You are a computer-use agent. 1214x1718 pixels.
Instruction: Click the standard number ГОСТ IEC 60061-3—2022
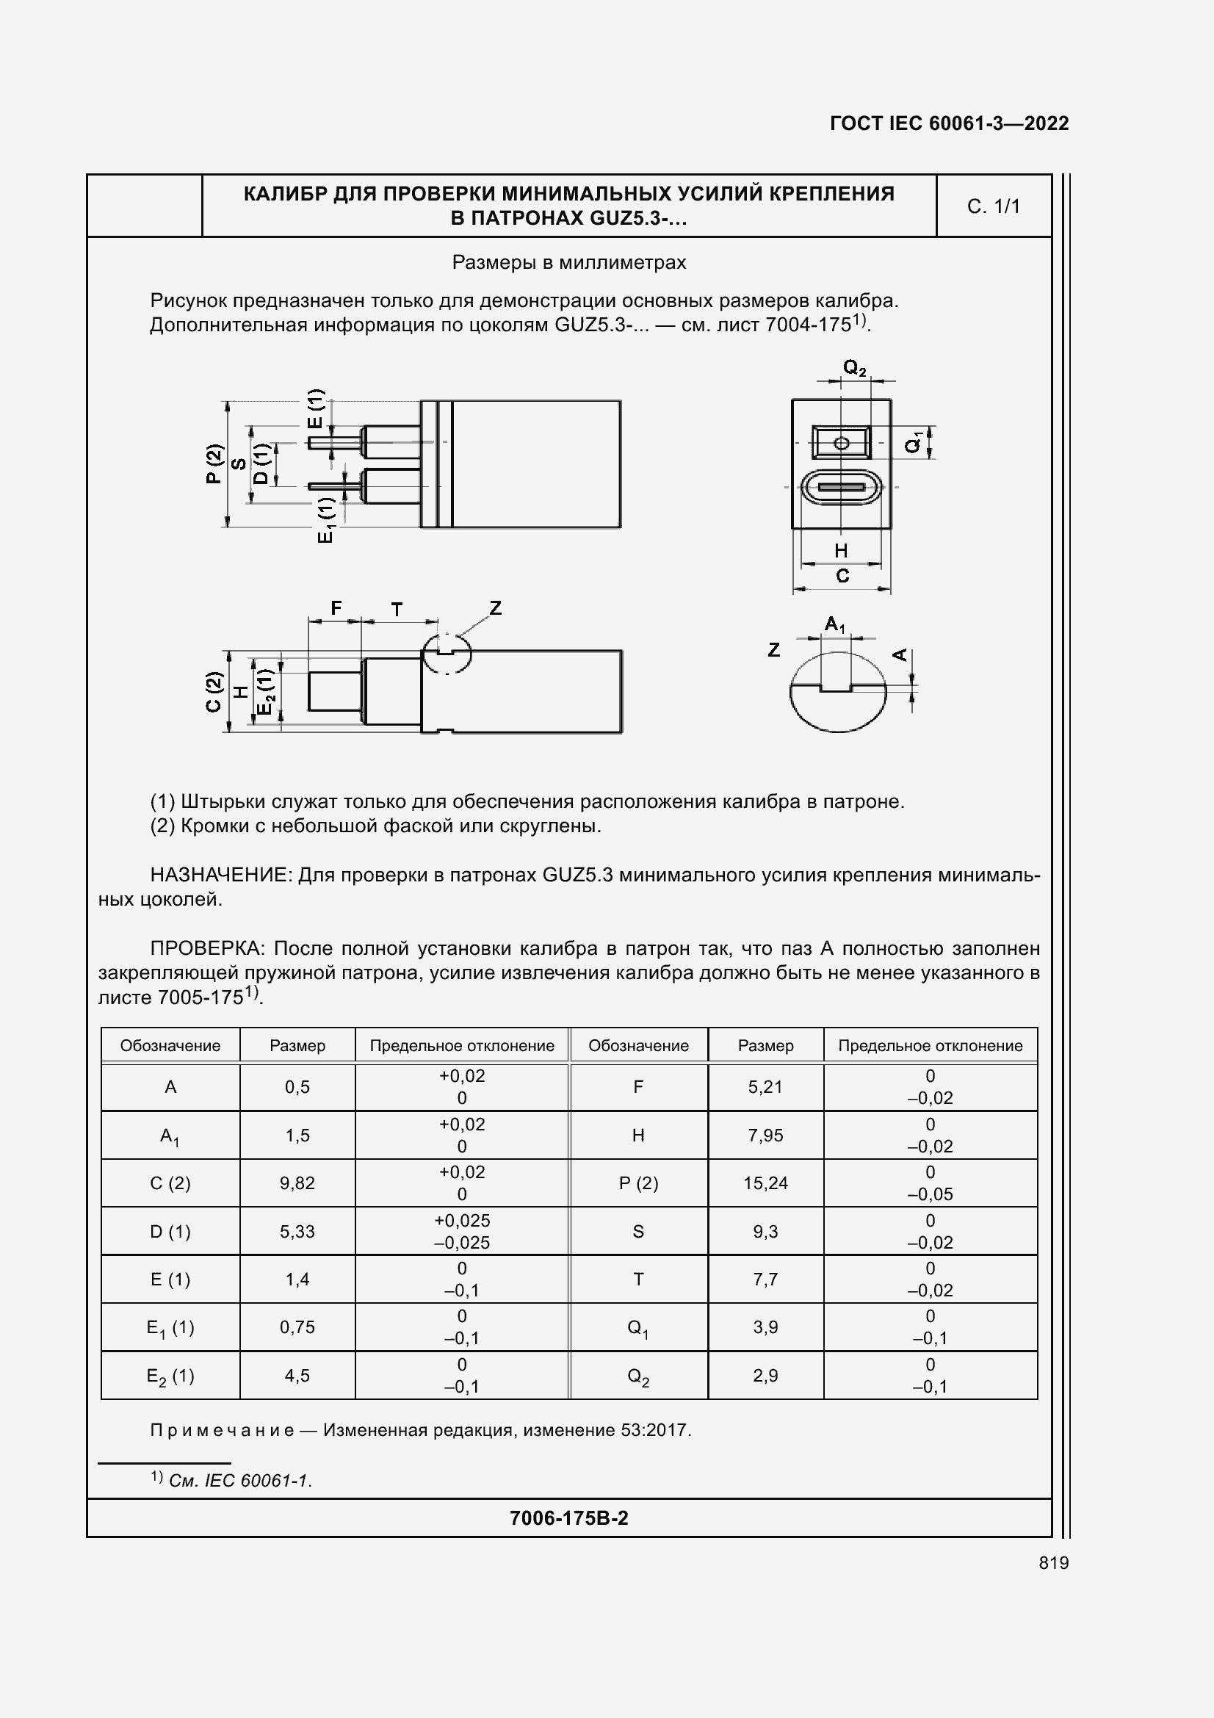pos(948,123)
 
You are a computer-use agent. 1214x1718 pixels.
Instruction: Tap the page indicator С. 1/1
pos(993,206)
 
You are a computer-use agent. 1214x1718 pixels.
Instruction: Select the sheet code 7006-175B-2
pos(568,1517)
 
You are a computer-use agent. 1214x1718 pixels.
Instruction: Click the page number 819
pos(1053,1562)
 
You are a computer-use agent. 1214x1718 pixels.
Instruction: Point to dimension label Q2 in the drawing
pos(854,368)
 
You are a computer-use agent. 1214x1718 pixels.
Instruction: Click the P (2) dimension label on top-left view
pos(214,464)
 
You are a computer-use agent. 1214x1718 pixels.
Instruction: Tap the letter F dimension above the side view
pos(336,608)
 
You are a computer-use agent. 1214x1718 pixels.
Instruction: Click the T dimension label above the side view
pos(397,610)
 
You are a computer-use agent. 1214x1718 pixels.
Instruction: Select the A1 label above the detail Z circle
pos(835,624)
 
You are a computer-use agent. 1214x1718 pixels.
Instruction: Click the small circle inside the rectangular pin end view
pos(841,443)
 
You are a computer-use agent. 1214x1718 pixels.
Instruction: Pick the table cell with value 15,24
pos(765,1183)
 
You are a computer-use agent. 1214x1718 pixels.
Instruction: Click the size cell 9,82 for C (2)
pos(297,1183)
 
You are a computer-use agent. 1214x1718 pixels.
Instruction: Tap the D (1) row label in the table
pos(170,1232)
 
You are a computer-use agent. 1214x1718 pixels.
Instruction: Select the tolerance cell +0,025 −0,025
pos(461,1232)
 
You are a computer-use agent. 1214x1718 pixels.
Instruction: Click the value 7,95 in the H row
pos(765,1135)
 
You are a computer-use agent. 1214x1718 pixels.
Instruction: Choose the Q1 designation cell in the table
pos(638,1328)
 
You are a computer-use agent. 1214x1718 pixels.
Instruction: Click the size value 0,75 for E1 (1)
pos(297,1327)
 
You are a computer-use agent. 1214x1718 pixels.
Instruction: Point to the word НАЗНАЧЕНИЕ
pos(220,875)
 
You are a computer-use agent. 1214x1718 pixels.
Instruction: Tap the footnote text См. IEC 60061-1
pos(240,1480)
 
